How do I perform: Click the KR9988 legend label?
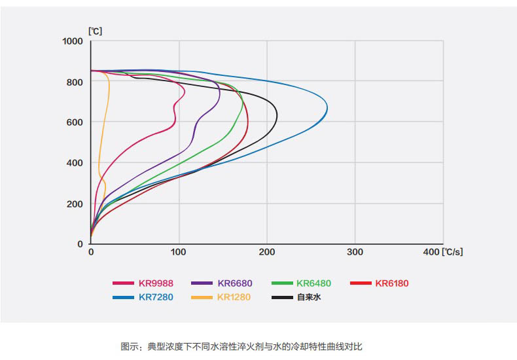[x=156, y=283]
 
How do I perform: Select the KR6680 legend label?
[x=235, y=283]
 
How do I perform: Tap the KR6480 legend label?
[x=314, y=283]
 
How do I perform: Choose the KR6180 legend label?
[x=393, y=283]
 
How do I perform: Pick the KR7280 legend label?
[x=156, y=297]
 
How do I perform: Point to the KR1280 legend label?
[x=235, y=297]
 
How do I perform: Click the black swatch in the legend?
[x=281, y=297]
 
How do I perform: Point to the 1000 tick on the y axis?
[x=73, y=41]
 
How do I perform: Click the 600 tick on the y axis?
[x=76, y=122]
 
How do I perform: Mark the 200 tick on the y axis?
[x=76, y=204]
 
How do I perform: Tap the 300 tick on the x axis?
[x=355, y=252]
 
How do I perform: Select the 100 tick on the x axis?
[x=179, y=252]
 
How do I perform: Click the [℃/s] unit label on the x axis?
[x=452, y=252]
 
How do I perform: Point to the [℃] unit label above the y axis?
[x=95, y=30]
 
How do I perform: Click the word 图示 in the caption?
[x=129, y=346]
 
